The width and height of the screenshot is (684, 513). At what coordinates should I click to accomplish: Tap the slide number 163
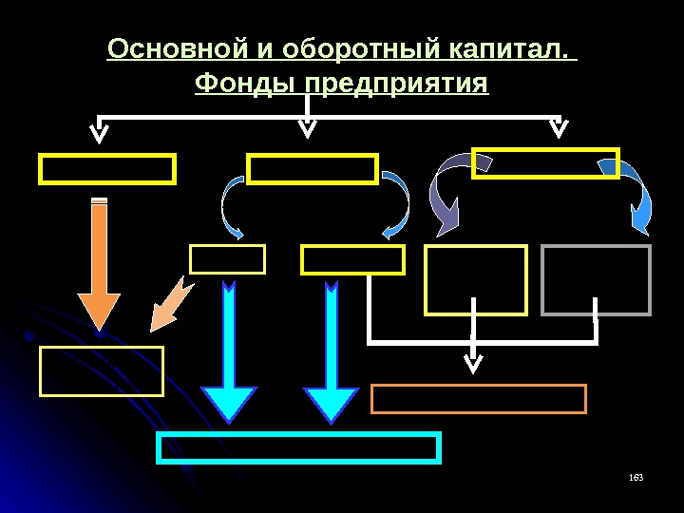(x=636, y=476)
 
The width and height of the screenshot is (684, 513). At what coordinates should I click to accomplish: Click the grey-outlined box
(x=596, y=279)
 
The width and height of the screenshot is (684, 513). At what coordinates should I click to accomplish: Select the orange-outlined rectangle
(x=478, y=399)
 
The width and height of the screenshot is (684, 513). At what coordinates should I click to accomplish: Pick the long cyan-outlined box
(x=299, y=447)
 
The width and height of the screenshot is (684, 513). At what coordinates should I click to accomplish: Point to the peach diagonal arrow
(x=170, y=304)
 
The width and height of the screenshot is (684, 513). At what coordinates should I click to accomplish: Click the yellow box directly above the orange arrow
(x=106, y=169)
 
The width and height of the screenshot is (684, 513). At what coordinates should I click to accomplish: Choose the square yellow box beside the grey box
(x=475, y=279)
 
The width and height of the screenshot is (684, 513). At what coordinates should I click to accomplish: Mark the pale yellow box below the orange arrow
(x=101, y=370)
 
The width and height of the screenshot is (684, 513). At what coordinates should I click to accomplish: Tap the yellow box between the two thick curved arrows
(x=545, y=162)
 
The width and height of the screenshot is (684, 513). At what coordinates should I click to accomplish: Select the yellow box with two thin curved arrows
(x=313, y=169)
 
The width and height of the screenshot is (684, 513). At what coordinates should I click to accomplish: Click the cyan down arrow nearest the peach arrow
(x=230, y=351)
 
